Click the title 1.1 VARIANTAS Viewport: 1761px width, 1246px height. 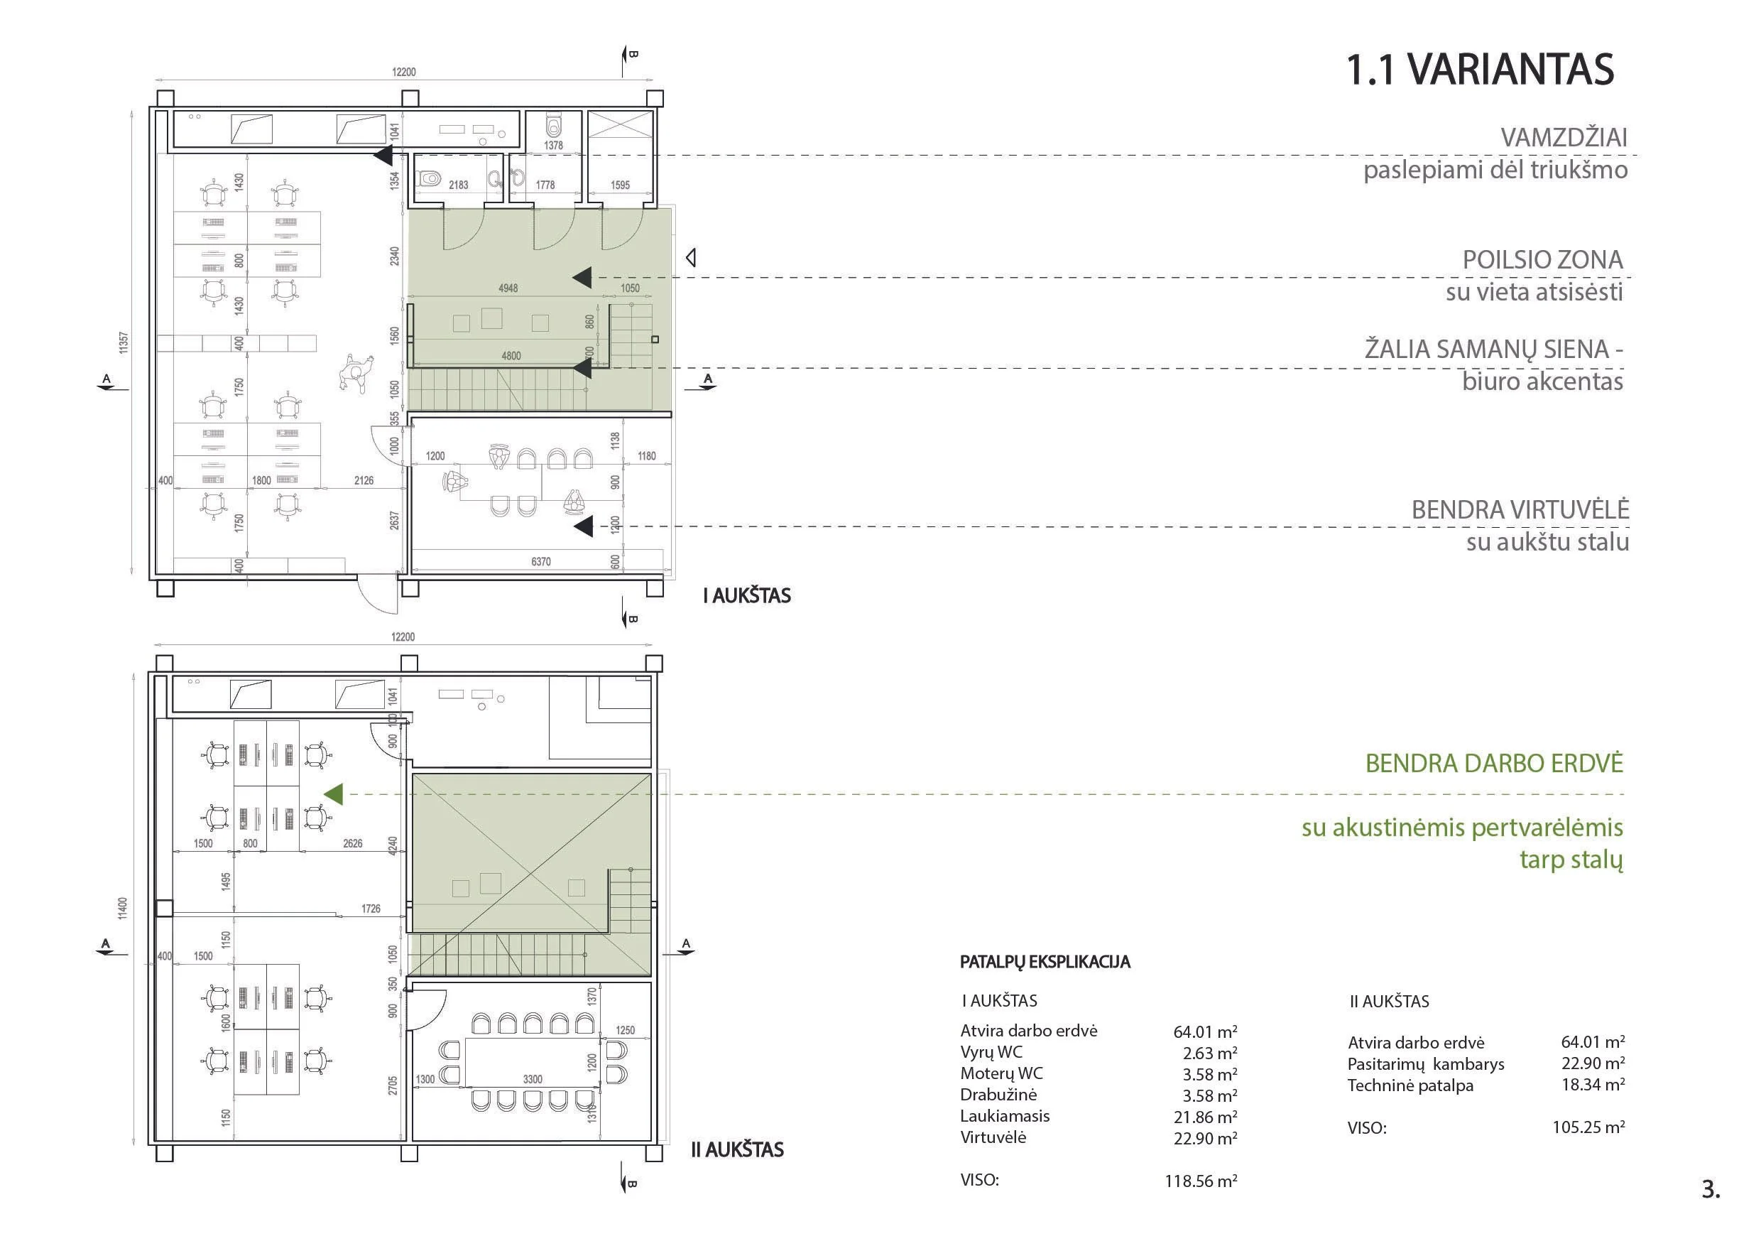point(1481,69)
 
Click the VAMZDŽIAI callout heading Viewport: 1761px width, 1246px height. point(1564,137)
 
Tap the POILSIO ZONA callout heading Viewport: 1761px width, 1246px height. point(1542,260)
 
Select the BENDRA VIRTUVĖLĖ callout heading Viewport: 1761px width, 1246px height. point(1520,509)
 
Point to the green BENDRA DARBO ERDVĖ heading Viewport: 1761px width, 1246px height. point(1494,764)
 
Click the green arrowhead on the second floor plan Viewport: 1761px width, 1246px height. point(333,795)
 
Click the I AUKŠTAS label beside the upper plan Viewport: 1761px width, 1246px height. point(747,595)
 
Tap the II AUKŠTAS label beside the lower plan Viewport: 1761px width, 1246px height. point(737,1149)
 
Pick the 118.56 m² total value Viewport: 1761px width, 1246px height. point(1201,1181)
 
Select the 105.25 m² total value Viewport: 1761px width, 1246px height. point(1588,1127)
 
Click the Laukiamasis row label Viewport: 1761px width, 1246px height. point(1005,1115)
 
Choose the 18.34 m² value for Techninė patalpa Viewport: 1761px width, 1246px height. point(1593,1084)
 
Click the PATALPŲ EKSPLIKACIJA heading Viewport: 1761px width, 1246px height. point(1045,962)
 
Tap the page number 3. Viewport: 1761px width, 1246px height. point(1711,1189)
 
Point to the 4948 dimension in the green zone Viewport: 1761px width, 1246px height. point(508,288)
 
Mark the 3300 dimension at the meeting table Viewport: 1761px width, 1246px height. point(533,1079)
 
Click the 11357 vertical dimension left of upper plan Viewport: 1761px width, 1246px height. point(124,343)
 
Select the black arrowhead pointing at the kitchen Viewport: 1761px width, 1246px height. point(584,526)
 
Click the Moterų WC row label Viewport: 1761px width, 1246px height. point(1002,1073)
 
